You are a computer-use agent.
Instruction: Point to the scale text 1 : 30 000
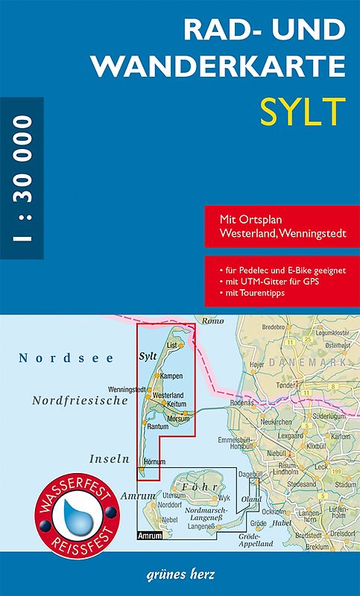click(22, 177)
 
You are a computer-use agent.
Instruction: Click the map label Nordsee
click(66, 358)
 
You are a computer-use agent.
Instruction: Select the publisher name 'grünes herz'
click(180, 575)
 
